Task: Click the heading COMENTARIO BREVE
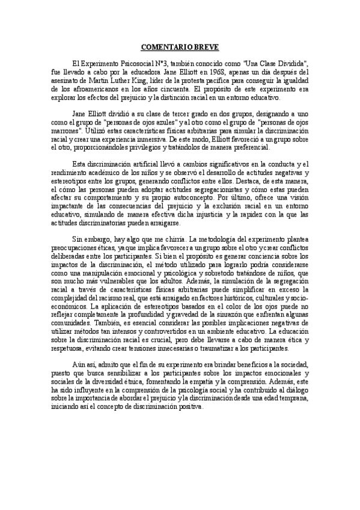point(180,46)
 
